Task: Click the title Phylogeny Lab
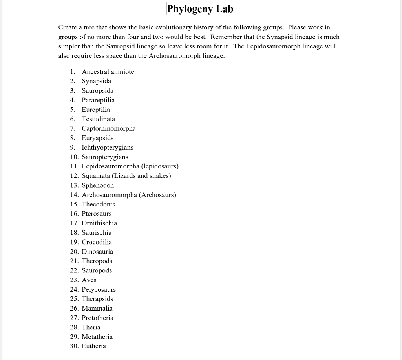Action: (200, 9)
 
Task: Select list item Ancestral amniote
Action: (108, 72)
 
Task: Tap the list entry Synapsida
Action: (96, 81)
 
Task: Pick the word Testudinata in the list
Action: (98, 119)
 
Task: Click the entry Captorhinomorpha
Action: (108, 128)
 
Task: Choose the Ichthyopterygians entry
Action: (107, 148)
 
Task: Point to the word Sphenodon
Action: (98, 185)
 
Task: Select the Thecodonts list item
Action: (98, 205)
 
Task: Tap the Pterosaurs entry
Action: (96, 214)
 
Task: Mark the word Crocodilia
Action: (97, 242)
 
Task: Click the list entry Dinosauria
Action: (97, 252)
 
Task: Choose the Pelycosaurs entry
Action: (99, 290)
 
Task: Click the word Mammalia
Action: (97, 309)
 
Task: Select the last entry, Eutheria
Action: (93, 346)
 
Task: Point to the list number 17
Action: (74, 223)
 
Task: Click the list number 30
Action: (74, 346)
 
